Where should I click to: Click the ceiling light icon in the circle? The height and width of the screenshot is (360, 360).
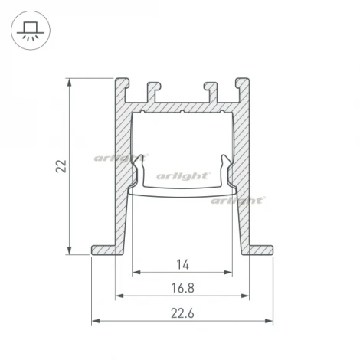[30, 30]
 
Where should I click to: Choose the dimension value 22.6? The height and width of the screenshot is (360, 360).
[182, 312]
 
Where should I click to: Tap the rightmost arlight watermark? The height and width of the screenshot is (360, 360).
[238, 200]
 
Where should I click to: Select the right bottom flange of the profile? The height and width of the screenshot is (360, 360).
[261, 250]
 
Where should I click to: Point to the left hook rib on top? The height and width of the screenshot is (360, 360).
[153, 90]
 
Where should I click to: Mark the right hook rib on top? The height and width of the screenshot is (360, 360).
[211, 90]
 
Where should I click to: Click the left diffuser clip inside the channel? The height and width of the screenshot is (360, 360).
[139, 170]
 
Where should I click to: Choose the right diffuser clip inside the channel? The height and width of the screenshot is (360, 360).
[226, 170]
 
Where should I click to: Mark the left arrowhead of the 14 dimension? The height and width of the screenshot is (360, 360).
[136, 272]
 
